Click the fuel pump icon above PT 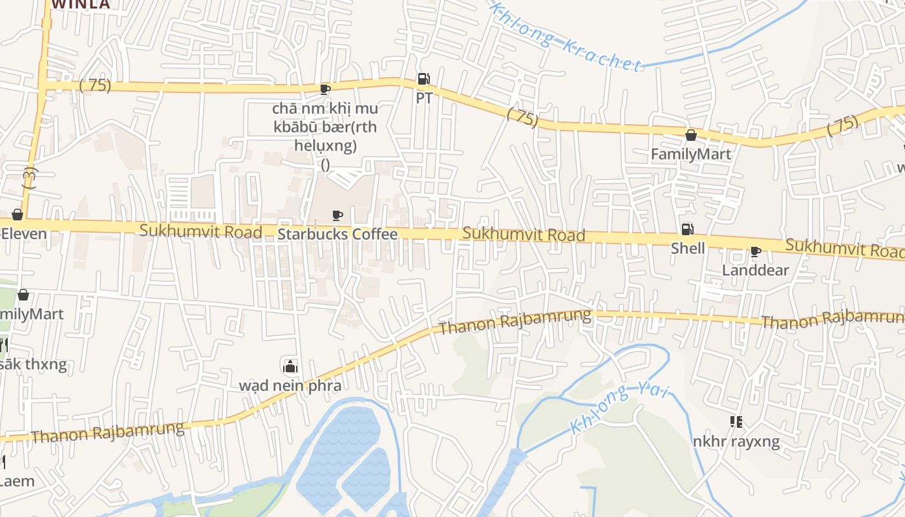pyautogui.click(x=423, y=79)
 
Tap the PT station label pyautogui.click(x=424, y=98)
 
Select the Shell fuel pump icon pyautogui.click(x=688, y=229)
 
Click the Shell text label pyautogui.click(x=688, y=248)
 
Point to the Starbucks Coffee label pyautogui.click(x=337, y=234)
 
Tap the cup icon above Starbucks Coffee pyautogui.click(x=337, y=215)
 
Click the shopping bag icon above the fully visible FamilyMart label pyautogui.click(x=690, y=135)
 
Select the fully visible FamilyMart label pyautogui.click(x=690, y=154)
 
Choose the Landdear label pyautogui.click(x=755, y=270)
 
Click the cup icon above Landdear pyautogui.click(x=755, y=251)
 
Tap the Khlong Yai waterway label pyautogui.click(x=619, y=408)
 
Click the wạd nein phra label pyautogui.click(x=290, y=386)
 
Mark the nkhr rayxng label pyautogui.click(x=736, y=442)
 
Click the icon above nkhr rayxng pyautogui.click(x=736, y=423)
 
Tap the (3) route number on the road pyautogui.click(x=30, y=178)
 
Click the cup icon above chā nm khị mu pyautogui.click(x=325, y=89)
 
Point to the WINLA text pyautogui.click(x=81, y=5)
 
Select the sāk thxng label pyautogui.click(x=32, y=364)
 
